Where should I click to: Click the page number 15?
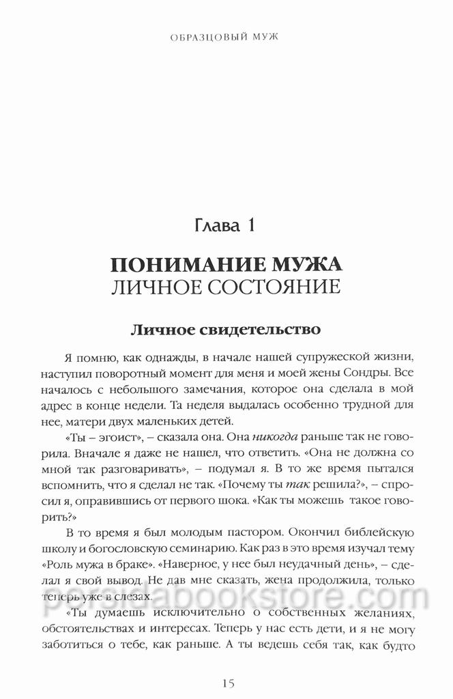(x=227, y=681)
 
